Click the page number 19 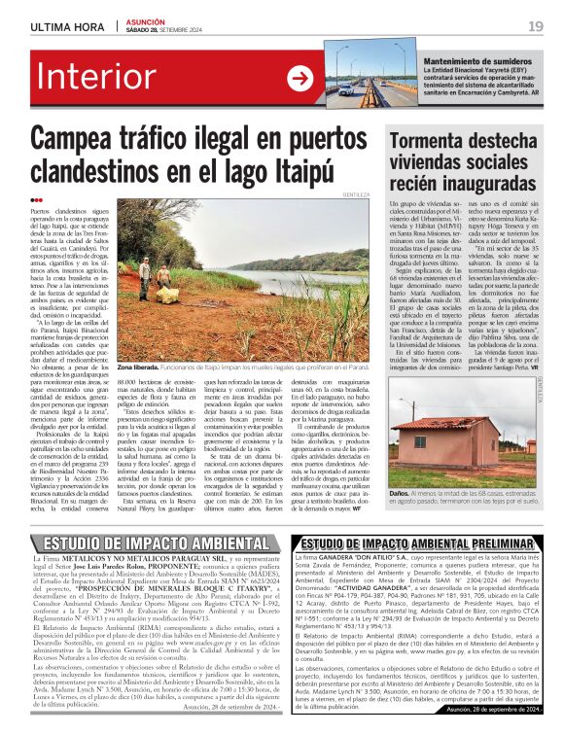535,26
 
